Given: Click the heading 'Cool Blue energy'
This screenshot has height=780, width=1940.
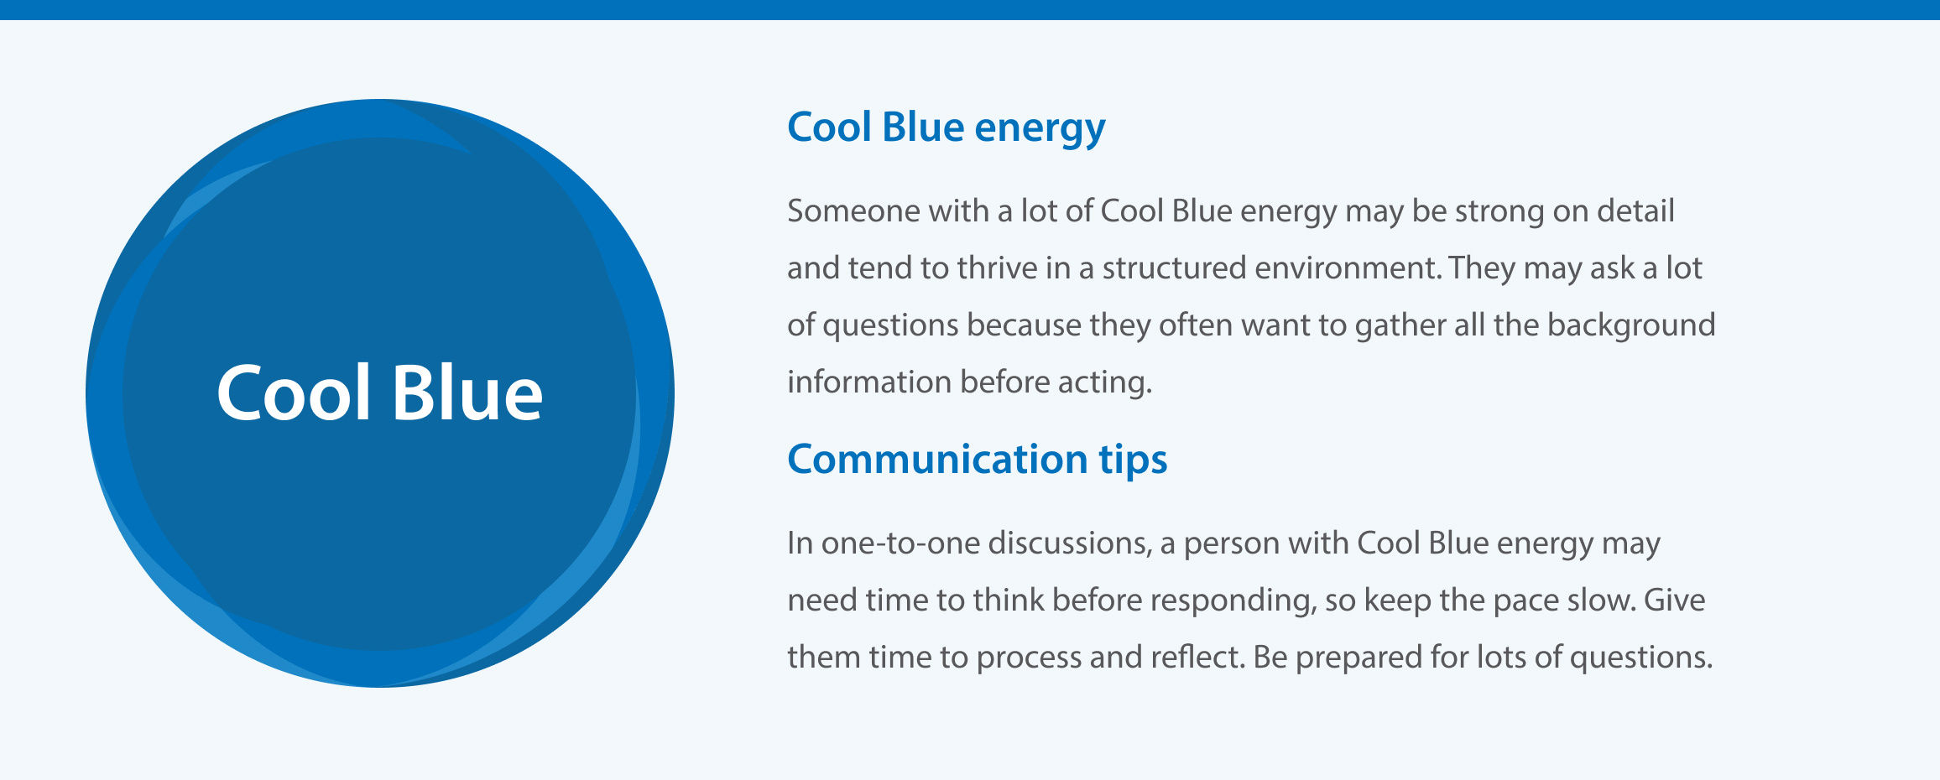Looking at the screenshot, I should click(946, 128).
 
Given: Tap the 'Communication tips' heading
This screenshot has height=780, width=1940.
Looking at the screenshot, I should click(977, 460).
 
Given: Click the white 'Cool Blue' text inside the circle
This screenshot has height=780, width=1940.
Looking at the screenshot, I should click(379, 393).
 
